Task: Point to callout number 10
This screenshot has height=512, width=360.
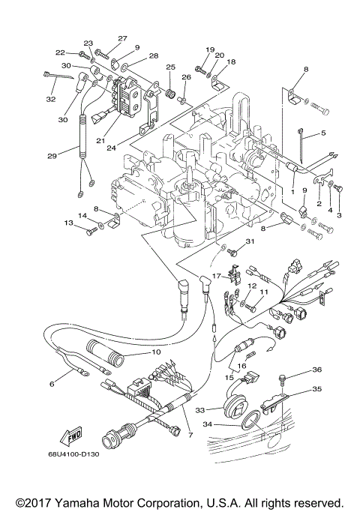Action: coord(157,352)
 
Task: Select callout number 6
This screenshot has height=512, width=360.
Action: coord(52,384)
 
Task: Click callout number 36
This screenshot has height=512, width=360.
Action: coord(316,370)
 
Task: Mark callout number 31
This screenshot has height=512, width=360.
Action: coord(251,241)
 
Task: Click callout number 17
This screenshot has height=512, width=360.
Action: coord(217,276)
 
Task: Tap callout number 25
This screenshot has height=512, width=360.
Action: coord(171,67)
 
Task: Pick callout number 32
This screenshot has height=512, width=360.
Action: coord(51,98)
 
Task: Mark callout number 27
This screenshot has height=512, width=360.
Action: coord(122,38)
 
